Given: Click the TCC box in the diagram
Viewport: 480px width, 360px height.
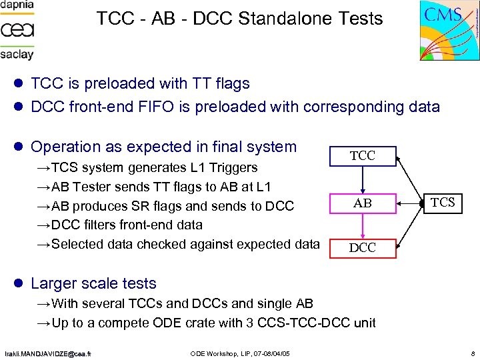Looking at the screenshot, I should tap(363, 157).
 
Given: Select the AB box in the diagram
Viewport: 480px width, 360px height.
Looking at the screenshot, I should tap(363, 203).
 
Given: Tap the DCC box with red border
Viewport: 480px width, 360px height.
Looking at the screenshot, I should tap(363, 247).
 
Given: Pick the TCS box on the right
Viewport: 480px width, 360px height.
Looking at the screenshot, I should tap(443, 203).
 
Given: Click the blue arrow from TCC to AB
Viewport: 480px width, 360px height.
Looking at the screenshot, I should tap(363, 179).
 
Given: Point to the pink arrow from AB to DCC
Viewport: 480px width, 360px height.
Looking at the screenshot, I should tap(363, 225).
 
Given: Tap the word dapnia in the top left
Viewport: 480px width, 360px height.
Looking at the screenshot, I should tap(17, 5).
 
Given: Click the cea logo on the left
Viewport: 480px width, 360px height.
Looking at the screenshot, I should tap(17, 29).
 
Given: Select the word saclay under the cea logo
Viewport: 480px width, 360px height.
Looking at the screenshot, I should tap(17, 54).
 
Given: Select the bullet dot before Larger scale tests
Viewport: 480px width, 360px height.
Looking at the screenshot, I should tap(19, 284).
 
